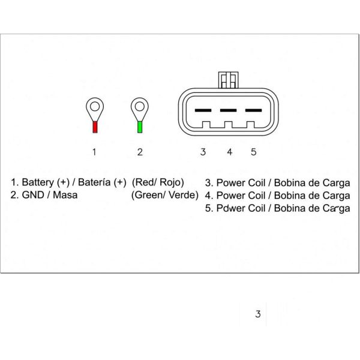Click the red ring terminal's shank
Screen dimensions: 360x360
pos(94,127)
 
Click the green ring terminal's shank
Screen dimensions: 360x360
pos(140,127)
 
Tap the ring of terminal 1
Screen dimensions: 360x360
pos(94,109)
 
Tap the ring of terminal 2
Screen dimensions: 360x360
pos(140,109)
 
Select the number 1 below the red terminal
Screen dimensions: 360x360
pos(94,152)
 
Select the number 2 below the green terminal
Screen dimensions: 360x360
pos(140,152)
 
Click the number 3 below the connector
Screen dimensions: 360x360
pos(203,152)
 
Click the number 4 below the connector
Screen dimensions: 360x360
pos(229,152)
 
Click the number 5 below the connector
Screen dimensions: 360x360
pos(254,152)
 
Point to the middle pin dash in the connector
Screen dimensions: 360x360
pos(228,110)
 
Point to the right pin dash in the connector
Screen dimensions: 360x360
pos(254,110)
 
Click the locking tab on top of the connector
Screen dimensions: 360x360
pos(228,79)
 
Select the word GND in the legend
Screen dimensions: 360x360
pos(32,195)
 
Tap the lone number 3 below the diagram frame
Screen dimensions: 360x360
pos(258,314)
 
